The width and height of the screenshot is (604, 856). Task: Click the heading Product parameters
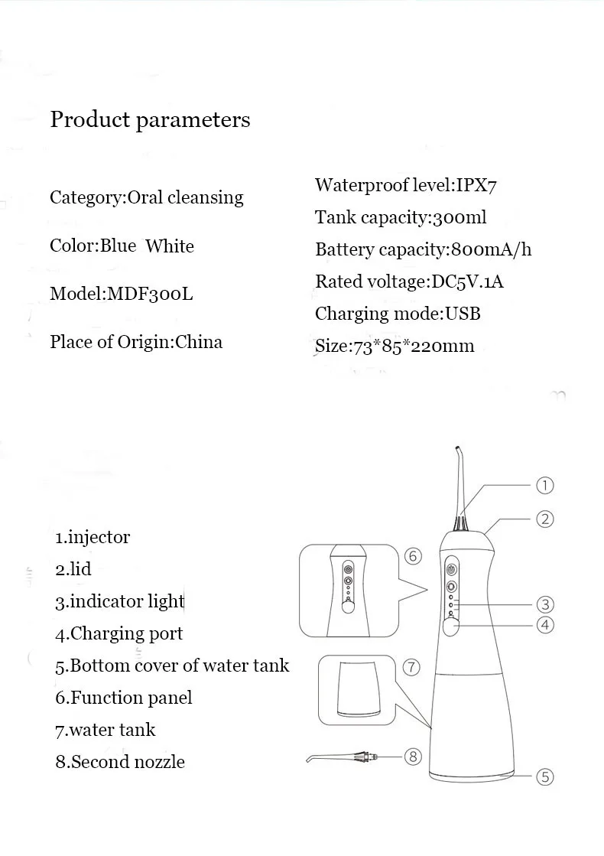tap(150, 120)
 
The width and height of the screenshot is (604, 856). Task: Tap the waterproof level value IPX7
tap(477, 185)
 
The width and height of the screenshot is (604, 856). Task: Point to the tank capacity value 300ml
tap(459, 217)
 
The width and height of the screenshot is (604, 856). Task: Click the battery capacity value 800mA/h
tap(491, 249)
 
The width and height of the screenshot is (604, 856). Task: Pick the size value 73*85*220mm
tap(413, 346)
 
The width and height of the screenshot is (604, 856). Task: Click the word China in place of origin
tap(199, 341)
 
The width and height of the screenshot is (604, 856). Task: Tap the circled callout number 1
tap(544, 485)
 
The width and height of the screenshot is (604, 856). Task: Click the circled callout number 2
tap(544, 519)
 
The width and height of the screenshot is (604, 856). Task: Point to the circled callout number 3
tap(544, 604)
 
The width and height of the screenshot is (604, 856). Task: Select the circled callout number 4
tap(544, 625)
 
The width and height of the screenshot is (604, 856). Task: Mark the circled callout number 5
tap(544, 777)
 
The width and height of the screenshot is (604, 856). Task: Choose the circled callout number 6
tap(413, 556)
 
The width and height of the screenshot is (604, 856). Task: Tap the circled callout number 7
tap(411, 667)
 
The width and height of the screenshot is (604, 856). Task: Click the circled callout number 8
tap(413, 757)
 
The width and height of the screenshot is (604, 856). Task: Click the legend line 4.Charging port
tap(119, 633)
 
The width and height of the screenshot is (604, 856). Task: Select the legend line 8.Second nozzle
tap(120, 762)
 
